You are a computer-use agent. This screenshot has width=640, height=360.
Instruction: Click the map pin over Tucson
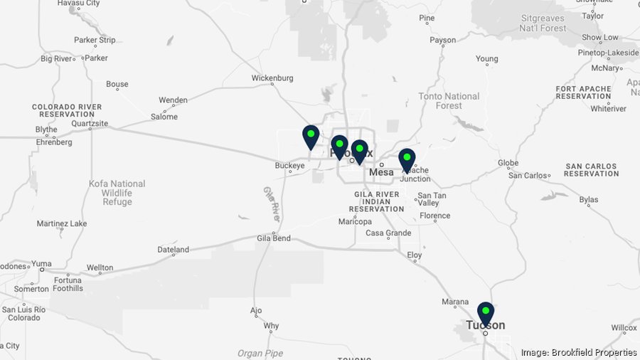pyautogui.click(x=486, y=313)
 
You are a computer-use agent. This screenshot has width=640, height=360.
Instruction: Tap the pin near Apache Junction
pyautogui.click(x=407, y=159)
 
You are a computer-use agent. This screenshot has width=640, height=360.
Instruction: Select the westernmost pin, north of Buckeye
pyautogui.click(x=311, y=136)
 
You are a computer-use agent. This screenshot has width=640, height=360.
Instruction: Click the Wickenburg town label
pyautogui.click(x=272, y=78)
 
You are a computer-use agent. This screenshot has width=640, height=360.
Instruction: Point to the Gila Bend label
pyautogui.click(x=274, y=238)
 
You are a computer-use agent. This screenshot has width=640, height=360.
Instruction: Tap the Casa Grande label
pyautogui.click(x=388, y=233)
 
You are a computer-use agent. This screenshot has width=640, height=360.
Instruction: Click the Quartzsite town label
pyautogui.click(x=90, y=123)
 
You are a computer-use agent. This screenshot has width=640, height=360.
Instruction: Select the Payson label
pyautogui.click(x=443, y=41)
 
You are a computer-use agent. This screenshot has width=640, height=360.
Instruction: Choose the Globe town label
pyautogui.click(x=508, y=163)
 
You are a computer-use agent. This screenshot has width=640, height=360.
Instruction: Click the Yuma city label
pyautogui.click(x=41, y=263)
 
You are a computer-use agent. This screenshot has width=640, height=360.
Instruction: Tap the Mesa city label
pyautogui.click(x=381, y=172)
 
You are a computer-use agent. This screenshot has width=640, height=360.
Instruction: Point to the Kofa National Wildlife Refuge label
pyautogui.click(x=117, y=193)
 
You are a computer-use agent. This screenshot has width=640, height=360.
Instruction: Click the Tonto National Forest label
pyautogui.click(x=449, y=101)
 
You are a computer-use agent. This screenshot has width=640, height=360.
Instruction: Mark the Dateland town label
pyautogui.click(x=174, y=250)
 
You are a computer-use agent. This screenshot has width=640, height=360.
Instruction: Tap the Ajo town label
pyautogui.click(x=257, y=311)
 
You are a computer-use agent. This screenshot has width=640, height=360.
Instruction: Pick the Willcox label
pyautogui.click(x=624, y=328)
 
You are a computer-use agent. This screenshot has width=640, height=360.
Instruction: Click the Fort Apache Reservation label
pyautogui.click(x=584, y=92)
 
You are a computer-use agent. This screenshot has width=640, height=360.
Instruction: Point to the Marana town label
pyautogui.click(x=455, y=302)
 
